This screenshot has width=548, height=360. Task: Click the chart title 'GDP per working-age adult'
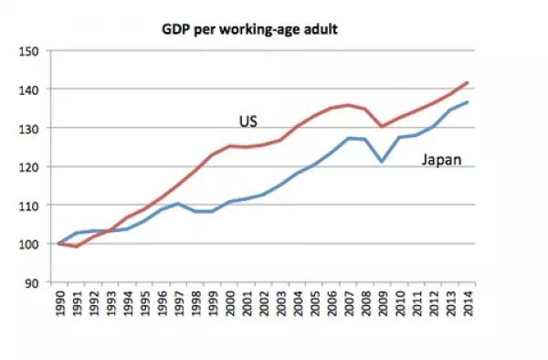tap(249, 30)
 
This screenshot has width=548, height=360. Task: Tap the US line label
tap(248, 122)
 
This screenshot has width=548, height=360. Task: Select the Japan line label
tap(442, 160)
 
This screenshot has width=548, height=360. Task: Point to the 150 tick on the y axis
tap(27, 51)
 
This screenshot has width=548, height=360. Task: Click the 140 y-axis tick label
tap(27, 90)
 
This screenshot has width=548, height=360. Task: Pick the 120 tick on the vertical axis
tap(27, 167)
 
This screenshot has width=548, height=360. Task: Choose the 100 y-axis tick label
tap(27, 244)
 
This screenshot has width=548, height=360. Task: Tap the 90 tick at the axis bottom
tap(31, 282)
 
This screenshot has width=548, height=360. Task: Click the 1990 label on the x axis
tap(60, 303)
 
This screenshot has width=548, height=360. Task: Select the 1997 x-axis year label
tap(179, 303)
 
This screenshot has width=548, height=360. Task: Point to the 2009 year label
tap(383, 303)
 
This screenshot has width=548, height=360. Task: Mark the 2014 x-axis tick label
tap(468, 303)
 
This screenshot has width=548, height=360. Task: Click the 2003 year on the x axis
tap(281, 303)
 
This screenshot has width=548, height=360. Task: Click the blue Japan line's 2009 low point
tap(382, 162)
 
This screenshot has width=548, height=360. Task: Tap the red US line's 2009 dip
tap(381, 126)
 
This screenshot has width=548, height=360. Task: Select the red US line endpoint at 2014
tap(468, 82)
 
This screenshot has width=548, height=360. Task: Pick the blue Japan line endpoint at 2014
tap(468, 102)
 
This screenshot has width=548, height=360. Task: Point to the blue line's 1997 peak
tap(177, 204)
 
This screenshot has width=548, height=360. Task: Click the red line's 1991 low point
tap(77, 246)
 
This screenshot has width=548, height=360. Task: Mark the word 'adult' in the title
tap(321, 29)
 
